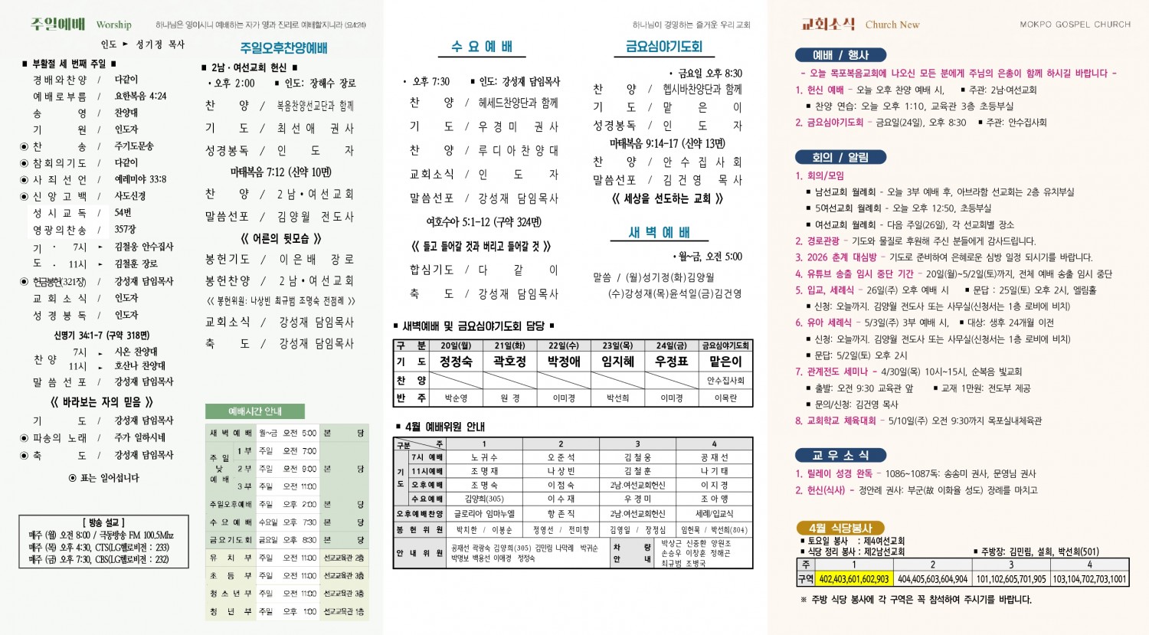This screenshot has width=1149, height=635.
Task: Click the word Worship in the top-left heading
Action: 114,25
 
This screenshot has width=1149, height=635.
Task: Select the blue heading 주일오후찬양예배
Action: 283,47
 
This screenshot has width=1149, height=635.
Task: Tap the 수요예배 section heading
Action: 482,47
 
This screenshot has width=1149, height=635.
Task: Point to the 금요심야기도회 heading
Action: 663,47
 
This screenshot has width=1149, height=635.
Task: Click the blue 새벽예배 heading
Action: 659,232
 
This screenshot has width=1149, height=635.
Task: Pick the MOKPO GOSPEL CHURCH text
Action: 1075,25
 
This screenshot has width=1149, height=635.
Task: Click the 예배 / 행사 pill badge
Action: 840,55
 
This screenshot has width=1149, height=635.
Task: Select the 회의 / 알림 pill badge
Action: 840,157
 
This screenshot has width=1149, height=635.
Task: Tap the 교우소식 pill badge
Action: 840,455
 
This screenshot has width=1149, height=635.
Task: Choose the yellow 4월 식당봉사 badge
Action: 840,528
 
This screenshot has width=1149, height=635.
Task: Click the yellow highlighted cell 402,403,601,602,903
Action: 854,579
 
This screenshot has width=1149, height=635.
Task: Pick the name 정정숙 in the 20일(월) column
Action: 456,362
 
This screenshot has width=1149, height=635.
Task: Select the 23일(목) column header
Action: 617,345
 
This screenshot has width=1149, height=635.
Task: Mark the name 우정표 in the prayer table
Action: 671,362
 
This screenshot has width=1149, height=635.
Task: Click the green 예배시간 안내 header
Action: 255,411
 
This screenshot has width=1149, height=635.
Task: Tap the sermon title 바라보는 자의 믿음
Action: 102,401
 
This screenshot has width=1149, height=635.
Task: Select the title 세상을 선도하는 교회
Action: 667,198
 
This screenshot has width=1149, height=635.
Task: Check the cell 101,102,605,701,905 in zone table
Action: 1010,579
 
